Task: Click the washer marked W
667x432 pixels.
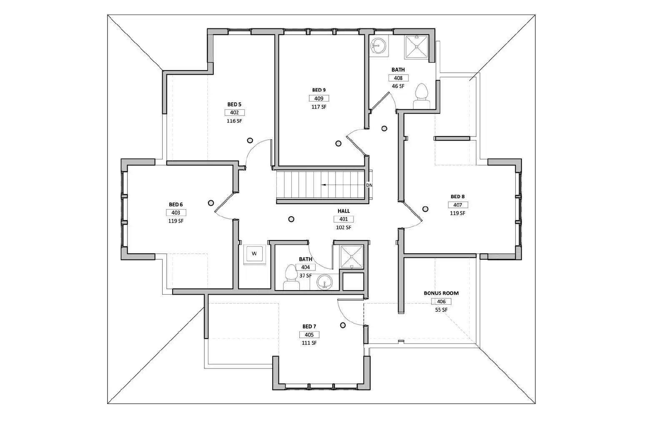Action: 254,254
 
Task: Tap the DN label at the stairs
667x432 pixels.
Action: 369,185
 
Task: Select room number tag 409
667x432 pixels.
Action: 319,99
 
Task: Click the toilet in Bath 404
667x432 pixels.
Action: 291,278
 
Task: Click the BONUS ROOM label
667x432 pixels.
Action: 441,293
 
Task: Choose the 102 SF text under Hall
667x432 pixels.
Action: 344,227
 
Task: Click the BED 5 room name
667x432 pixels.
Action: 234,104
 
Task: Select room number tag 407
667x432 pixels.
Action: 458,205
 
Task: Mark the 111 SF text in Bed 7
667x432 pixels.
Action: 309,343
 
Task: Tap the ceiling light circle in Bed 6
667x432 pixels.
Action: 211,203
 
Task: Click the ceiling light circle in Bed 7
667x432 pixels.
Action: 343,325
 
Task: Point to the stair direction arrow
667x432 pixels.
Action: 333,184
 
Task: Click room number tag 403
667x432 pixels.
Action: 176,213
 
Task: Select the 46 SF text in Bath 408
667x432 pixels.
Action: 398,86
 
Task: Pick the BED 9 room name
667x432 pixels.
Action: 319,90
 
